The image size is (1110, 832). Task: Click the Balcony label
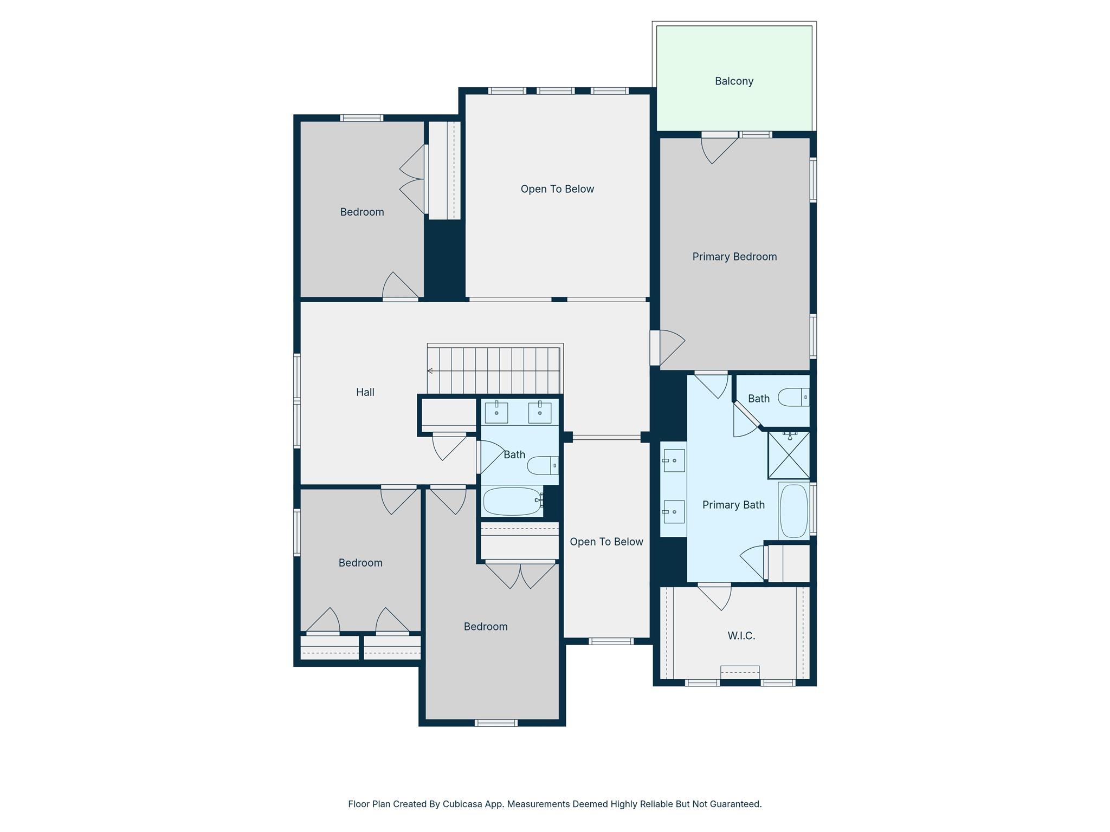[x=734, y=81]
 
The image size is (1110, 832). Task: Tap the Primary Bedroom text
[x=734, y=257]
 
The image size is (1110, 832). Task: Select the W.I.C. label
[x=741, y=636]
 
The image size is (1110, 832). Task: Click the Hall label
[x=365, y=392]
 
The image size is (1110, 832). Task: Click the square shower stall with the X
[x=789, y=456]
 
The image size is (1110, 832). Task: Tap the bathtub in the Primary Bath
[x=793, y=511]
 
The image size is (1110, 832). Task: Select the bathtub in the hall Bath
[x=512, y=501]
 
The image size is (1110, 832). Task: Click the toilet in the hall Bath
[x=542, y=465]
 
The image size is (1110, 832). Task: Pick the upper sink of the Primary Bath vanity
[x=674, y=460]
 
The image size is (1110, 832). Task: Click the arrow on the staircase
[x=430, y=371]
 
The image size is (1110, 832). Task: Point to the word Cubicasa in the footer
[x=463, y=804]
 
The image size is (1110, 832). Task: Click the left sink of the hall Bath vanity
[x=496, y=413]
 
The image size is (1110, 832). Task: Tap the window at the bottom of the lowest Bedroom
[x=496, y=723]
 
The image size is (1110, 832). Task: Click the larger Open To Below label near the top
[x=557, y=189]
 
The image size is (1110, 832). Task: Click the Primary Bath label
[x=733, y=505]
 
